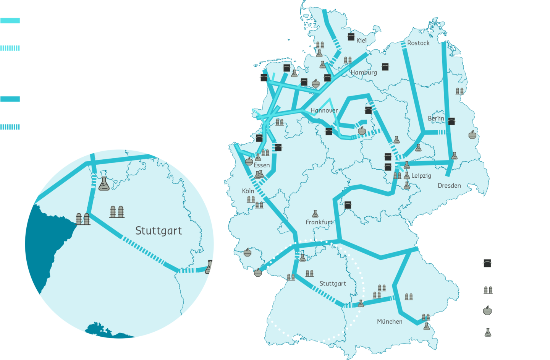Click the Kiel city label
click(361, 41)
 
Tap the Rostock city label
click(418, 43)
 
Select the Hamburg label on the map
click(364, 72)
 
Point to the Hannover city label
click(324, 110)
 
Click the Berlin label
click(436, 118)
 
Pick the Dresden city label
click(449, 186)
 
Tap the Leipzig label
click(421, 176)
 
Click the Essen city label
click(262, 165)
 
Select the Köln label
click(248, 191)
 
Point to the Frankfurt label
click(319, 222)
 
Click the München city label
click(390, 322)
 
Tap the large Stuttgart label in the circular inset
click(159, 231)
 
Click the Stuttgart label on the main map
click(333, 284)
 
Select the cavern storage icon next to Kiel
click(351, 37)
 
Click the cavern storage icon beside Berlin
click(451, 121)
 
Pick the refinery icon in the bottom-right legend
click(488, 290)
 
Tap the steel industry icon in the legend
click(487, 311)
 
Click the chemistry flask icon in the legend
click(488, 332)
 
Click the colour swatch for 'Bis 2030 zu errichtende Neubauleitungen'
click(10, 48)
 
